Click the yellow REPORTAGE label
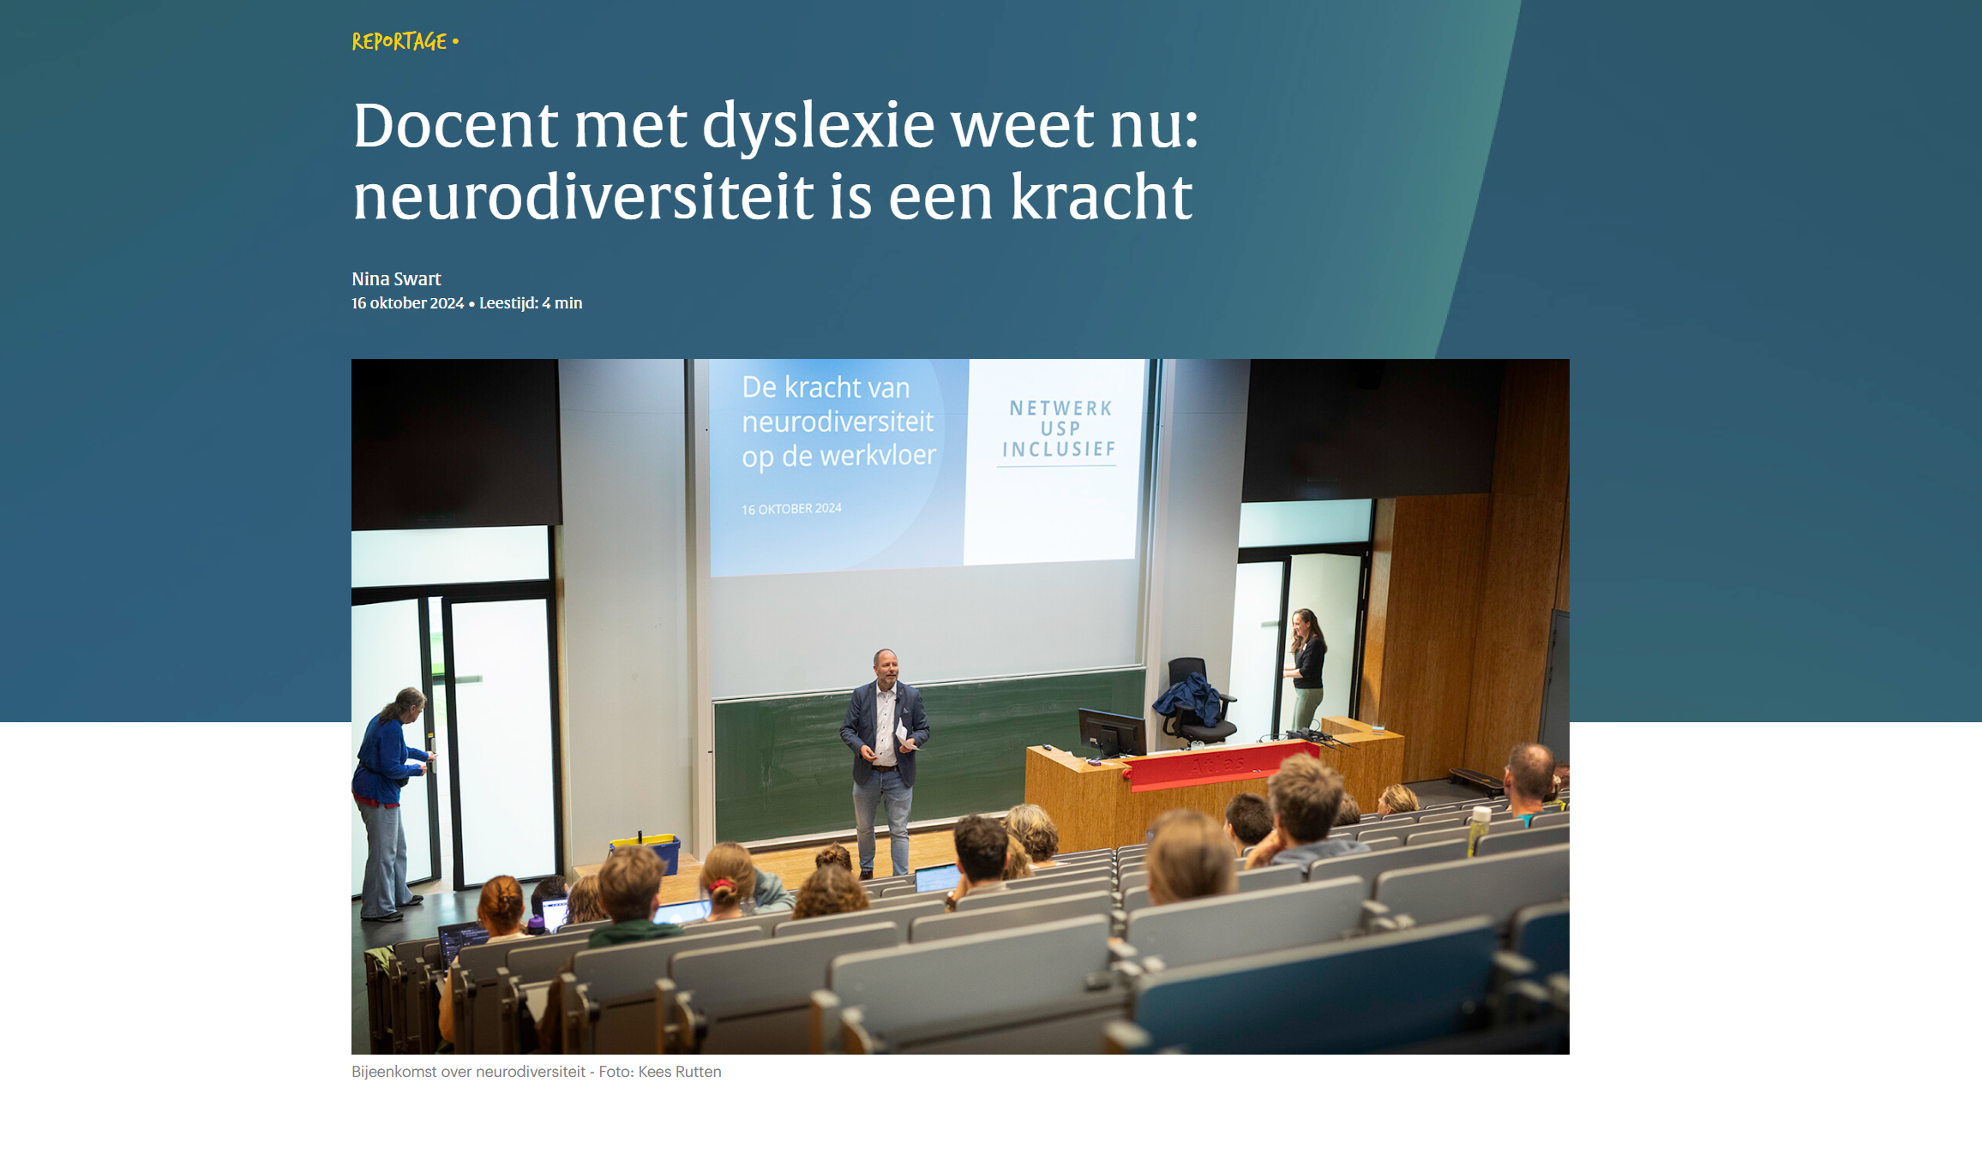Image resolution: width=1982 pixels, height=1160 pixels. coord(399,41)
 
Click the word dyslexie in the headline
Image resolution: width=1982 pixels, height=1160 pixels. coord(818,126)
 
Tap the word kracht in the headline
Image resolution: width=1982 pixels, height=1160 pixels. coord(1101,196)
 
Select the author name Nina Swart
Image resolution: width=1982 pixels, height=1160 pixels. coord(396,278)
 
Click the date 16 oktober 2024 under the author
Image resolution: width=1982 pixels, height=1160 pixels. coord(407,303)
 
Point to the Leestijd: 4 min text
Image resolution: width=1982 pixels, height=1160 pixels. coord(531,303)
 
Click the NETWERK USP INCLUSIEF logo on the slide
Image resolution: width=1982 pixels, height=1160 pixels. coord(1059,430)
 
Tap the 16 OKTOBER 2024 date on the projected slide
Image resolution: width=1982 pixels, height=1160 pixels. coord(791,509)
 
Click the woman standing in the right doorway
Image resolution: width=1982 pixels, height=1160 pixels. coord(1306,668)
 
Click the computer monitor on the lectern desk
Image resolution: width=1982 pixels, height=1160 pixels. coord(1112,732)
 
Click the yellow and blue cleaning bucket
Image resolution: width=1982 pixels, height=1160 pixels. coord(645,854)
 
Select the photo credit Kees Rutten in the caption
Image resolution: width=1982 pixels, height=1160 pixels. coord(680,1072)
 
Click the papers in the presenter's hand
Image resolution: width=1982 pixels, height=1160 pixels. coord(903,735)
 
